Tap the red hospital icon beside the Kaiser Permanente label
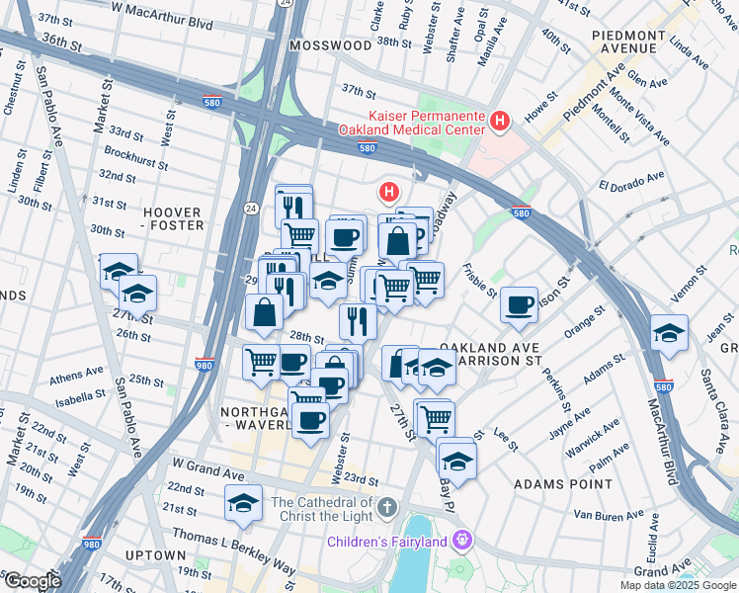click(x=500, y=122)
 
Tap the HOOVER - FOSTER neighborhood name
click(x=173, y=218)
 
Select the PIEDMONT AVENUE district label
click(x=629, y=42)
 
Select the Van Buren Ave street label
click(x=610, y=515)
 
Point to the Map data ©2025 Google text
click(x=677, y=585)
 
